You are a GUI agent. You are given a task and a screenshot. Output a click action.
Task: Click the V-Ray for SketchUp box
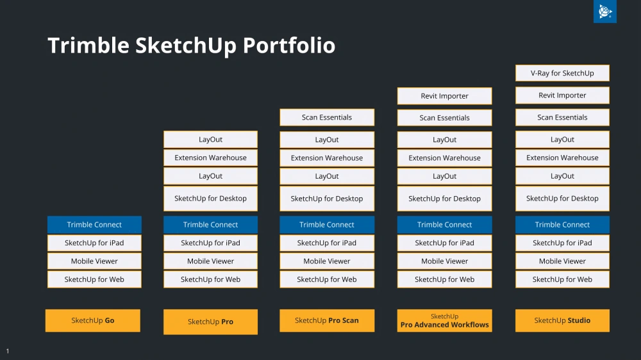click(562, 73)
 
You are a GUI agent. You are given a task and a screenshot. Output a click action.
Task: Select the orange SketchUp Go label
click(93, 320)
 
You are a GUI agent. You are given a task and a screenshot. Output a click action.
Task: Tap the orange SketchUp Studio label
click(562, 320)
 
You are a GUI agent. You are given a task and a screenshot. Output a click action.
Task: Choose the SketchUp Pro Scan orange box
click(327, 320)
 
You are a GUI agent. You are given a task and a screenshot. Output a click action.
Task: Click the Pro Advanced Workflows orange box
click(444, 320)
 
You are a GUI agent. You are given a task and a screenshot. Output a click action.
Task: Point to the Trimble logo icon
click(605, 12)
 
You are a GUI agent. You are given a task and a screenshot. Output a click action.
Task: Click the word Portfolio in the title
click(289, 45)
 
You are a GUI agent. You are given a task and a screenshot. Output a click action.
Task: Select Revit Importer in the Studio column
click(562, 95)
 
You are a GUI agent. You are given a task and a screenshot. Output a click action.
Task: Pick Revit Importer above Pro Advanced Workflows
click(444, 96)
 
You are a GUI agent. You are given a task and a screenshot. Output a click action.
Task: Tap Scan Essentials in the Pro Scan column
click(327, 117)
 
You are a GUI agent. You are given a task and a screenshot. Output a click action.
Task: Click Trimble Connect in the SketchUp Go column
click(94, 225)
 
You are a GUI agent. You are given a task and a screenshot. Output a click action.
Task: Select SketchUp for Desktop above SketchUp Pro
click(210, 199)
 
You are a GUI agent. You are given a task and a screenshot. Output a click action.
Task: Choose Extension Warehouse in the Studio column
click(562, 158)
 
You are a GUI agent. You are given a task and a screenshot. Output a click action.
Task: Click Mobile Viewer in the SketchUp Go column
click(94, 261)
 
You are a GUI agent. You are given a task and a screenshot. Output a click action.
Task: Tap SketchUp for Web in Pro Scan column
click(327, 279)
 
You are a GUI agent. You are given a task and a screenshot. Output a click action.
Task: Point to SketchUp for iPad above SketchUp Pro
click(210, 243)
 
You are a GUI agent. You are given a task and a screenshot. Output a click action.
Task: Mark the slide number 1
click(7, 351)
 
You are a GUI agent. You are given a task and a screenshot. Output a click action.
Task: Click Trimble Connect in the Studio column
click(562, 225)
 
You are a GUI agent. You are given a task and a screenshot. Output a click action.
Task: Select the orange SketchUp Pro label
click(210, 322)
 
